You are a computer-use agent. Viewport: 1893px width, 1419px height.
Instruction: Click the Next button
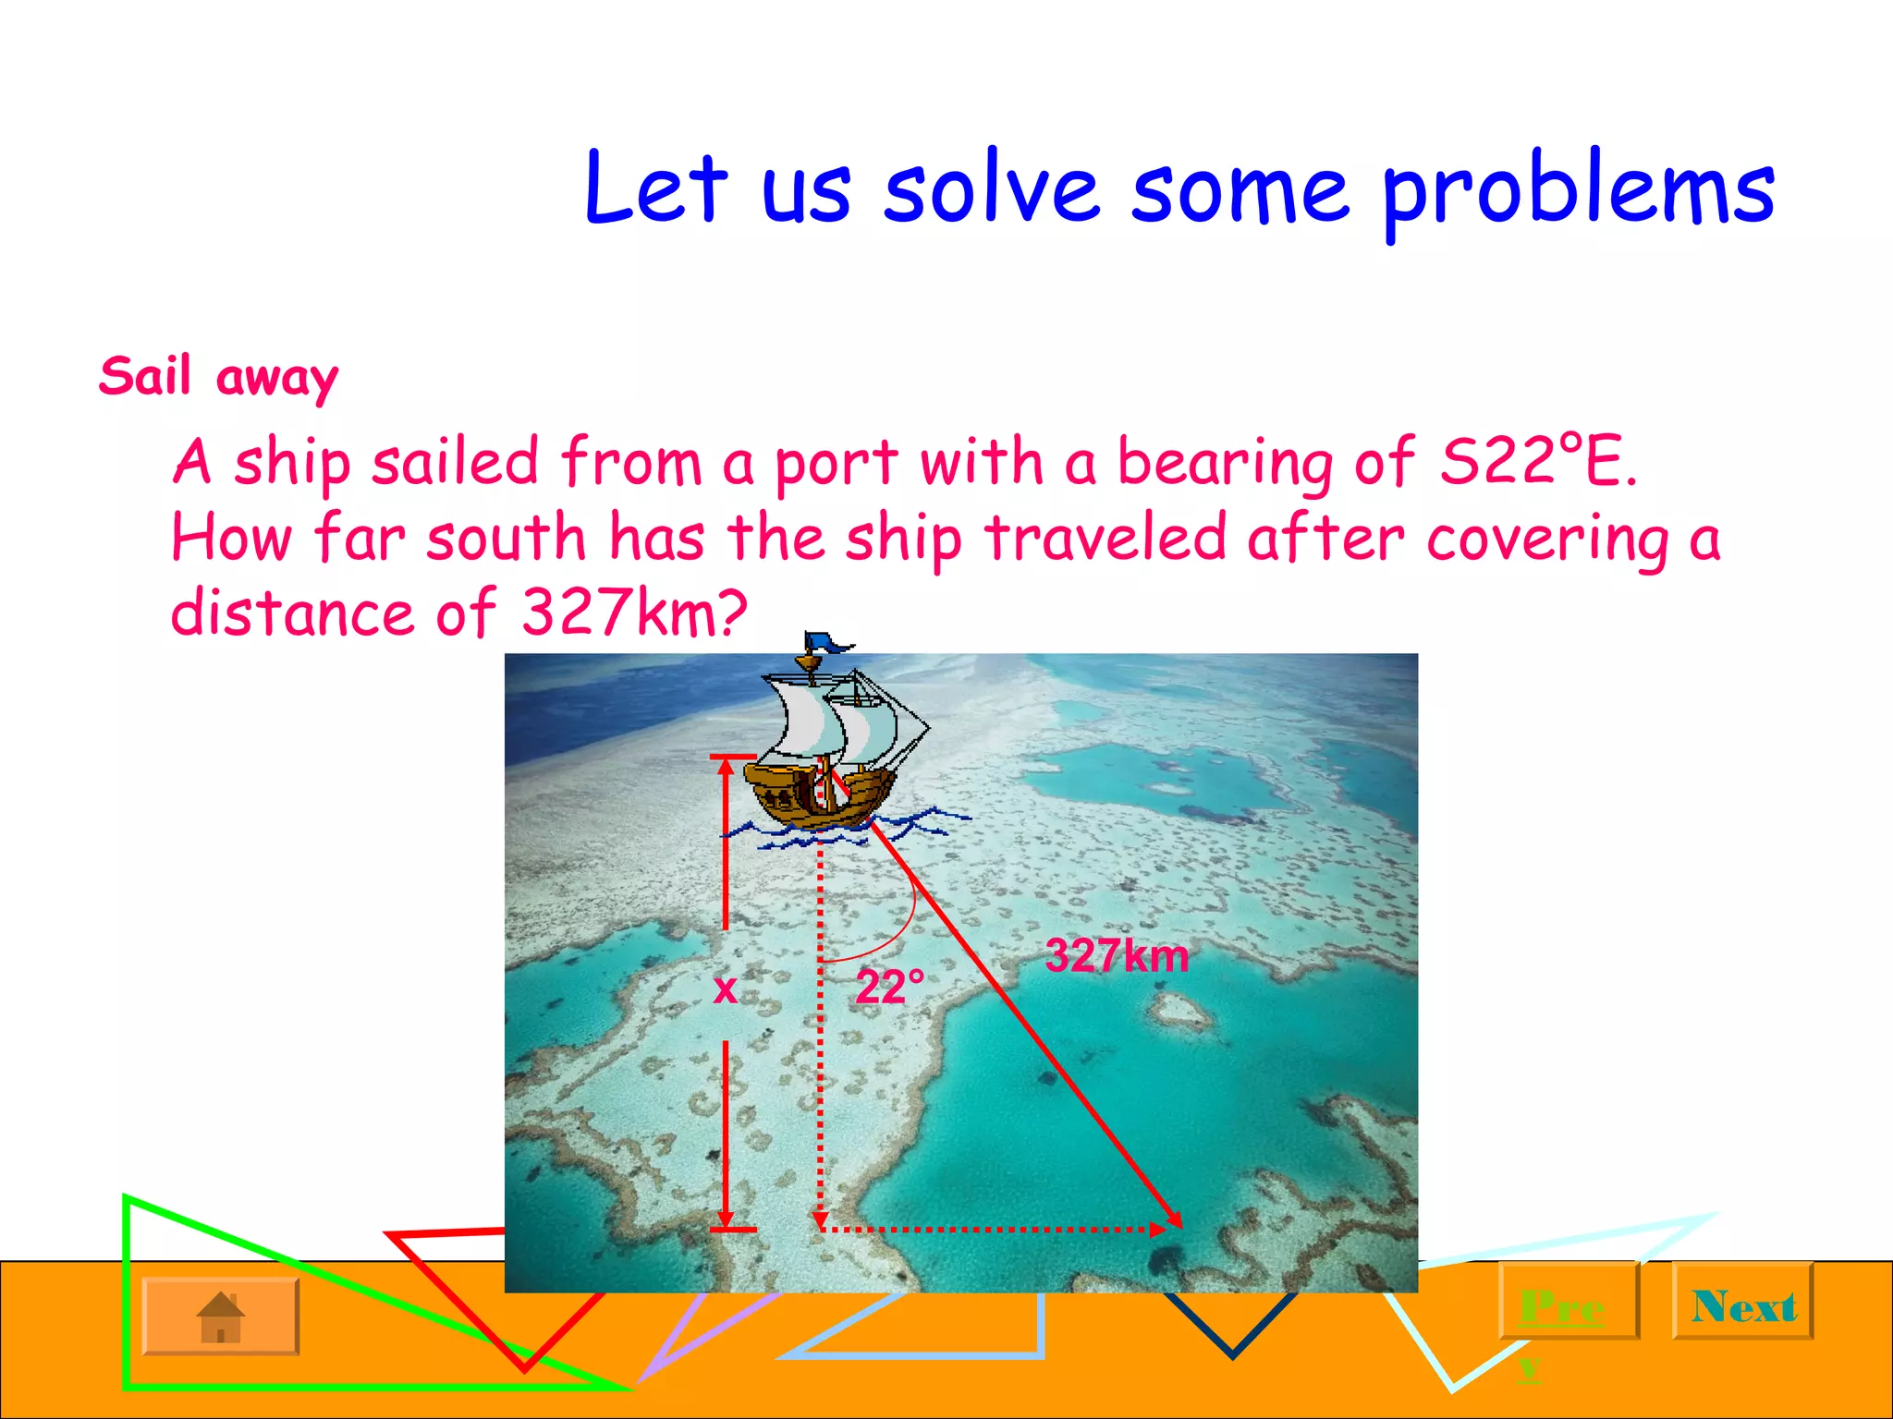click(x=1743, y=1305)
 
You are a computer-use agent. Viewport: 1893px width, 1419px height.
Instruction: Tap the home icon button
click(x=221, y=1316)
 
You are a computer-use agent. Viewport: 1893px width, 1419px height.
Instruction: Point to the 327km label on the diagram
click(x=1117, y=955)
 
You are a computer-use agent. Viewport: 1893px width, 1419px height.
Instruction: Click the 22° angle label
click(x=889, y=988)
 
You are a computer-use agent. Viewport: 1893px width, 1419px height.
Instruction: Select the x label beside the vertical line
click(x=726, y=988)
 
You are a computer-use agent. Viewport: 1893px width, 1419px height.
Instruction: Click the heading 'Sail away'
click(x=219, y=377)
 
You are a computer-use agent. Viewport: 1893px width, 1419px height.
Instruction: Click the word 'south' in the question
click(x=506, y=538)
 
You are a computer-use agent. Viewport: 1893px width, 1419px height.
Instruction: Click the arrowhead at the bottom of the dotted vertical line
click(x=820, y=1221)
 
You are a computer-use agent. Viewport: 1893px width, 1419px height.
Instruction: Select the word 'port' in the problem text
click(x=835, y=462)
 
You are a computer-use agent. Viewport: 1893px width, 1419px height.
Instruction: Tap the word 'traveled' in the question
click(x=1105, y=538)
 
